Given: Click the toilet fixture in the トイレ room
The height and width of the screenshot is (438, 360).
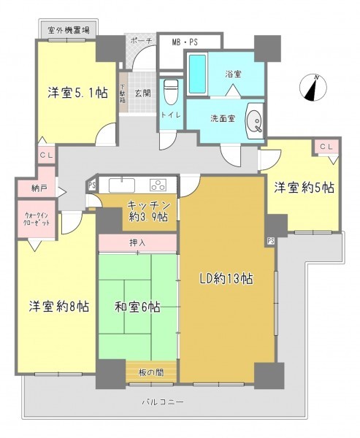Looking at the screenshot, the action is pos(171,91).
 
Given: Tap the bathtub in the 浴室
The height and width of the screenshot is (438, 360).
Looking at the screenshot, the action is pos(198,74).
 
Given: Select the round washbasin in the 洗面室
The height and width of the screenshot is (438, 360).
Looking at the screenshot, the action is pos(254,120).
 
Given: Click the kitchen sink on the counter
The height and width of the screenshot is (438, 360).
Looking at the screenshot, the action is pos(122,185).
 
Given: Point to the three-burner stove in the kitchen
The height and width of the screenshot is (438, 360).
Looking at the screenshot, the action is pos(158,185).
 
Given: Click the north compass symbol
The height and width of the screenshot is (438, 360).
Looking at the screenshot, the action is pos(313,88).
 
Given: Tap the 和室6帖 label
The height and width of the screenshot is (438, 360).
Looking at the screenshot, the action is pos(137,307).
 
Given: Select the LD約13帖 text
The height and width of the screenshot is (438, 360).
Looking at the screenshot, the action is pos(226,278).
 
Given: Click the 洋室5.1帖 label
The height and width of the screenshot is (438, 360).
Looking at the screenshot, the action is pos(77,93).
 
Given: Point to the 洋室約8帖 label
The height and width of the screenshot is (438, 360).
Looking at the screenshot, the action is pos(59,307).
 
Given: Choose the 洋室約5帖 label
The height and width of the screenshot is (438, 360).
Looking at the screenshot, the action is pos(304,188).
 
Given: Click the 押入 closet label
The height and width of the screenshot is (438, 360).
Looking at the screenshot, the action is pos(137,243).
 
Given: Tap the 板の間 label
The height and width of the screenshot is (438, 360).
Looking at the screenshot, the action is pos(151,372).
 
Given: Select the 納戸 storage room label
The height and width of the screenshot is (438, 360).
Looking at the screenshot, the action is pos(39,188).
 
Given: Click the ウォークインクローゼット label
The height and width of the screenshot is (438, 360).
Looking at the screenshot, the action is pos(37,219).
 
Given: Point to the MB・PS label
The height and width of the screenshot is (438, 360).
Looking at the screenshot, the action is pos(185,42).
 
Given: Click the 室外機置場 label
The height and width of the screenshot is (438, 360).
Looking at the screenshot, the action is pos(69,30).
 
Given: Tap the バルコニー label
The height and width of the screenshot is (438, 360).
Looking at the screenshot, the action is pos(163,402).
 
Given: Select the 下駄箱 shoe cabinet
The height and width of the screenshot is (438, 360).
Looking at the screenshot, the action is pos(123,93).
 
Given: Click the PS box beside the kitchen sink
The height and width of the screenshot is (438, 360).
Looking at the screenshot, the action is pos(92,185).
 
